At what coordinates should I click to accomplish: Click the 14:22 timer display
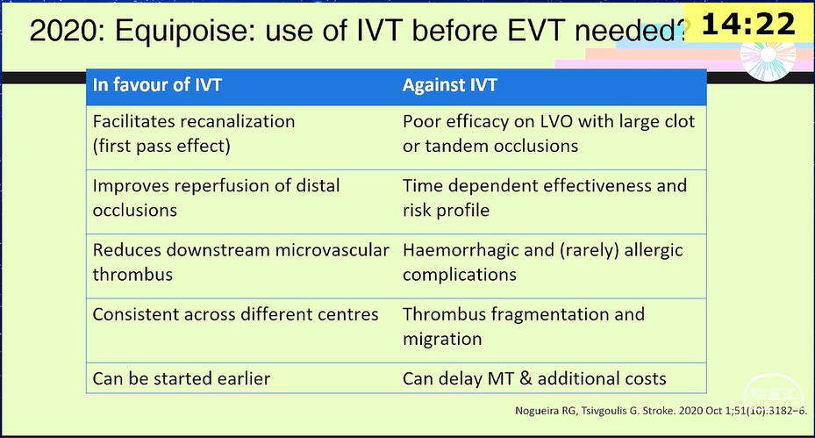(748, 24)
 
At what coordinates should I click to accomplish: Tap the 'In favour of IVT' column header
(157, 85)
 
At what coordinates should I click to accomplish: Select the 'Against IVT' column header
(449, 85)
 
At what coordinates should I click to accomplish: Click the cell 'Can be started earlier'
(182, 378)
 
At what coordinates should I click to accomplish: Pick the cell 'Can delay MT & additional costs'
(534, 378)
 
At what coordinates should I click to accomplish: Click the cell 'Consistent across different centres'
(235, 314)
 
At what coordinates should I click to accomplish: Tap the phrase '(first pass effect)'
(161, 147)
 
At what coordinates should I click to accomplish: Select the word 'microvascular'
(332, 249)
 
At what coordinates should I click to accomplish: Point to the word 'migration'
(442, 339)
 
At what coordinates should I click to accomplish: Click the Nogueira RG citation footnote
(661, 411)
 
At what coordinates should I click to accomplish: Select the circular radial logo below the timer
(768, 57)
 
